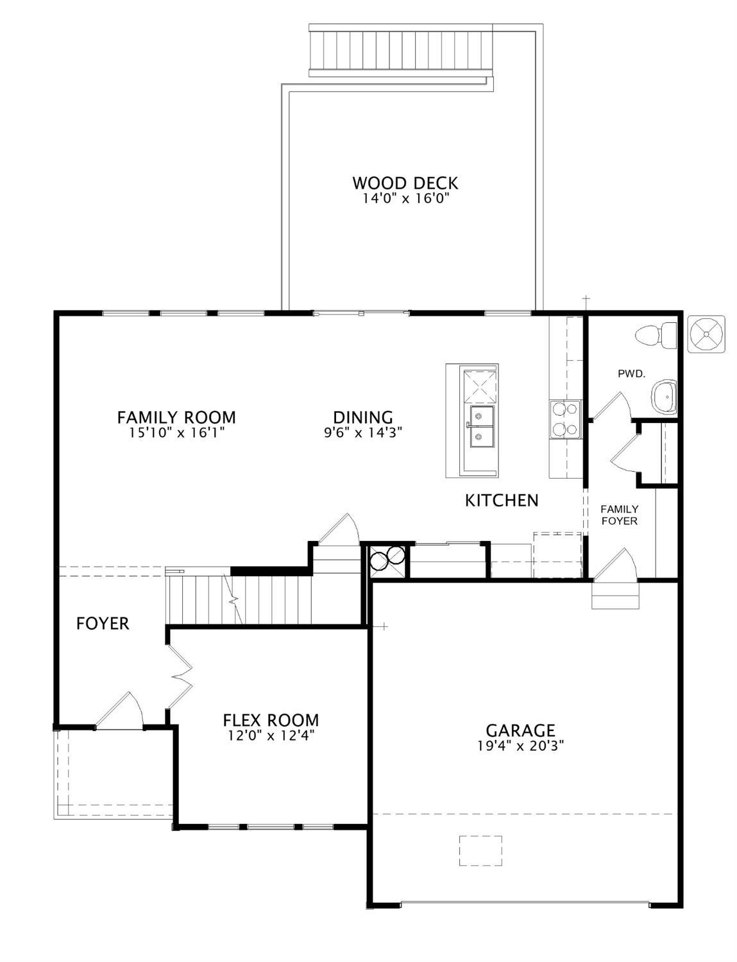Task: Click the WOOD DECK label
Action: pyautogui.click(x=405, y=183)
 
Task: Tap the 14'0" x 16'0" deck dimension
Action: pyautogui.click(x=405, y=199)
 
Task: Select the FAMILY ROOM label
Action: pyautogui.click(x=176, y=417)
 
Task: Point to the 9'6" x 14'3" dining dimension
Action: pyautogui.click(x=363, y=433)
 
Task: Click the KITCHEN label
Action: pyautogui.click(x=502, y=500)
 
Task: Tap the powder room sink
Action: pyautogui.click(x=664, y=397)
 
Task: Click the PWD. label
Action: pyautogui.click(x=631, y=374)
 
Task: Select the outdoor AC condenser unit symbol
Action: pyautogui.click(x=706, y=334)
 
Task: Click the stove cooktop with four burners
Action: pyautogui.click(x=564, y=419)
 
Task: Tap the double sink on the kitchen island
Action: pyautogui.click(x=482, y=426)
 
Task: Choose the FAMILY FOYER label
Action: pyautogui.click(x=619, y=515)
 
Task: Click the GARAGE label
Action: pyautogui.click(x=520, y=730)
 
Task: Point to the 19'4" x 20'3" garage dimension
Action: pyautogui.click(x=520, y=746)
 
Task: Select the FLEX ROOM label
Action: pyautogui.click(x=271, y=720)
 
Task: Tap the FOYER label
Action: pyautogui.click(x=103, y=623)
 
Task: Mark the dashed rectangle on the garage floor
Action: pyautogui.click(x=480, y=850)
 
